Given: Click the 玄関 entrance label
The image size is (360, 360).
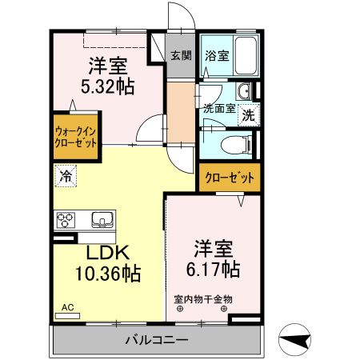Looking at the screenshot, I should [181, 56].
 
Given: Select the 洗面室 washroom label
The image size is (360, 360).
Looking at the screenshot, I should [218, 109].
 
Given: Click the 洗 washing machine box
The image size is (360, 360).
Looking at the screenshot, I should [249, 114].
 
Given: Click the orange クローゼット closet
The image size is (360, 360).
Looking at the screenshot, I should [230, 178].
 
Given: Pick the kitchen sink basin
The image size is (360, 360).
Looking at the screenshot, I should [102, 218].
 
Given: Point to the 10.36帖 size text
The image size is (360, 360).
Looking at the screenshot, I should [107, 274].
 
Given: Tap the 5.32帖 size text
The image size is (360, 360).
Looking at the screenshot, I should [106, 86].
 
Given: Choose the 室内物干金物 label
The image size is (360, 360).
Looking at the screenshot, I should [203, 300].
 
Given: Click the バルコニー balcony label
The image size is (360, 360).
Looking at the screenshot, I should [156, 340].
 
